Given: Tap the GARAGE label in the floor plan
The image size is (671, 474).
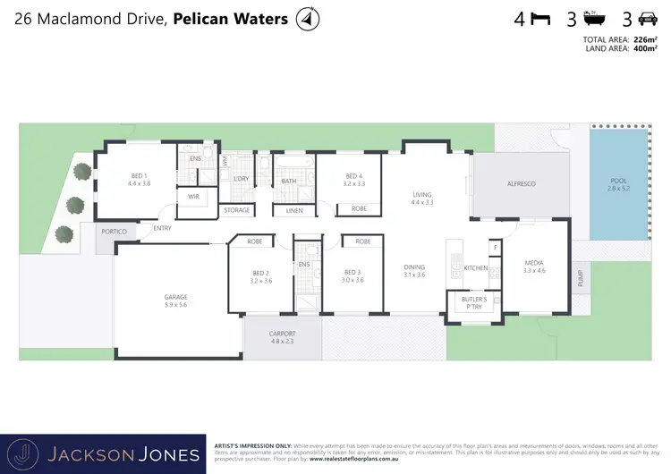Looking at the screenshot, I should pyautogui.click(x=175, y=297).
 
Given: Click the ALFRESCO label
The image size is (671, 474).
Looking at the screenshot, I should pyautogui.click(x=521, y=183).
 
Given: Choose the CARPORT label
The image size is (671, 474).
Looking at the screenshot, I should pyautogui.click(x=282, y=334).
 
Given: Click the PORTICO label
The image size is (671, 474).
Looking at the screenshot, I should pyautogui.click(x=114, y=232).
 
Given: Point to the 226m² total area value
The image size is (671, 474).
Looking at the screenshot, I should pyautogui.click(x=640, y=39).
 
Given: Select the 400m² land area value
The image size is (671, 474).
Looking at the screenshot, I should pyautogui.click(x=640, y=48).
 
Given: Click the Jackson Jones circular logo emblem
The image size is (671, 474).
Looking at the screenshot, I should pyautogui.click(x=30, y=453).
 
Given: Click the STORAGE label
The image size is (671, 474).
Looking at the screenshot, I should pyautogui.click(x=237, y=210).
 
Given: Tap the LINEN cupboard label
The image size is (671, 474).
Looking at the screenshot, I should pyautogui.click(x=293, y=210).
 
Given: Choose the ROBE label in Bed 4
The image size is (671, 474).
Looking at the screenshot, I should pyautogui.click(x=359, y=209).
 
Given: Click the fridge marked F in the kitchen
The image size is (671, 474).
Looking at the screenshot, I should pyautogui.click(x=494, y=247).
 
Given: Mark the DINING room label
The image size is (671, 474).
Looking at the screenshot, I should pyautogui.click(x=414, y=267).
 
